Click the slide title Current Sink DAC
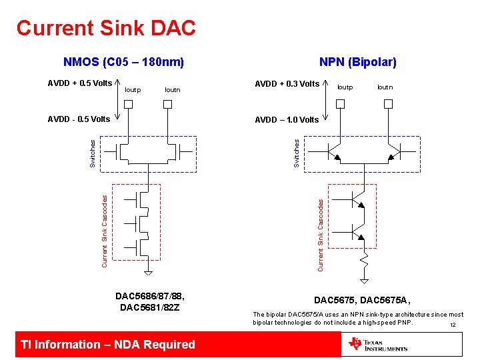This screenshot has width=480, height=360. pos(106,28)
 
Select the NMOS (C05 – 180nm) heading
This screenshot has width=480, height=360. pos(123,63)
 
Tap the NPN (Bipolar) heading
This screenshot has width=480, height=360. pos(357,62)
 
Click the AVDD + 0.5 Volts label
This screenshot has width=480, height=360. pos(79,83)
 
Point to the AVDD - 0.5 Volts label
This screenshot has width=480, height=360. pos(79,119)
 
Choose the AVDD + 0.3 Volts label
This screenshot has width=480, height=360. pos(287,84)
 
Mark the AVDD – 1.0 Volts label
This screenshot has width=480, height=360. pos(287,120)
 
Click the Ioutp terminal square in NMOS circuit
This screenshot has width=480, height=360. pos(129,104)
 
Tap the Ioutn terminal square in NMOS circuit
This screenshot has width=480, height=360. pos(169,104)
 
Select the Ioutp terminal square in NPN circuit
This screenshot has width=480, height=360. pos(340,104)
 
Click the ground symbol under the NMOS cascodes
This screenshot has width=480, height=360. pos(149,271)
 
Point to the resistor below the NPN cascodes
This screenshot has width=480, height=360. pos(365,259)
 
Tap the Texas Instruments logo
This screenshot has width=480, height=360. pos(378,345)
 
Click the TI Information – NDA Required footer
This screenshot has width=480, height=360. pos(108,345)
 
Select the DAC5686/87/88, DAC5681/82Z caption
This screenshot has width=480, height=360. pos(150,302)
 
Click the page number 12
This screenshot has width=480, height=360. pos(453,325)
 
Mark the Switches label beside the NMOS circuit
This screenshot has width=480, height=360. pos(93,153)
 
